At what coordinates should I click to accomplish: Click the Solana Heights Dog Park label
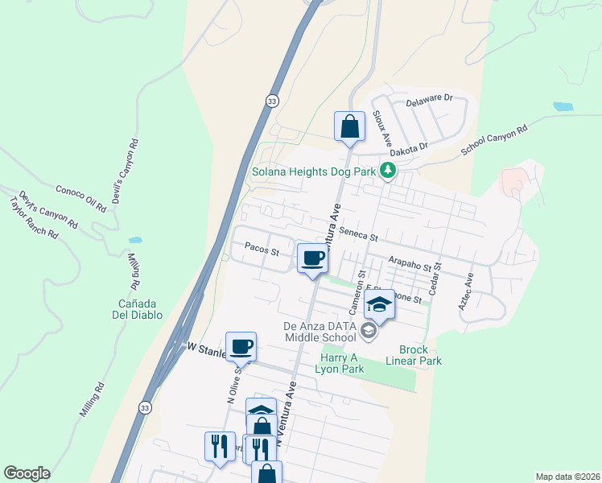pos(315,171)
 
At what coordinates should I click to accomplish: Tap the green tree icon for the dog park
pos(389,170)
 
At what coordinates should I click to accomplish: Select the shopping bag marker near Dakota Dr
pos(349,127)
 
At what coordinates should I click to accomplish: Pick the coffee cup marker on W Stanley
pos(241,347)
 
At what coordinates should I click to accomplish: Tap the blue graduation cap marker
pos(379,304)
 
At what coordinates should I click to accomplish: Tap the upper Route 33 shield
pos(274,100)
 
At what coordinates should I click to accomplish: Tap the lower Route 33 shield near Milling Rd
pos(144,408)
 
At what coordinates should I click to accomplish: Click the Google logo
pos(27,473)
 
